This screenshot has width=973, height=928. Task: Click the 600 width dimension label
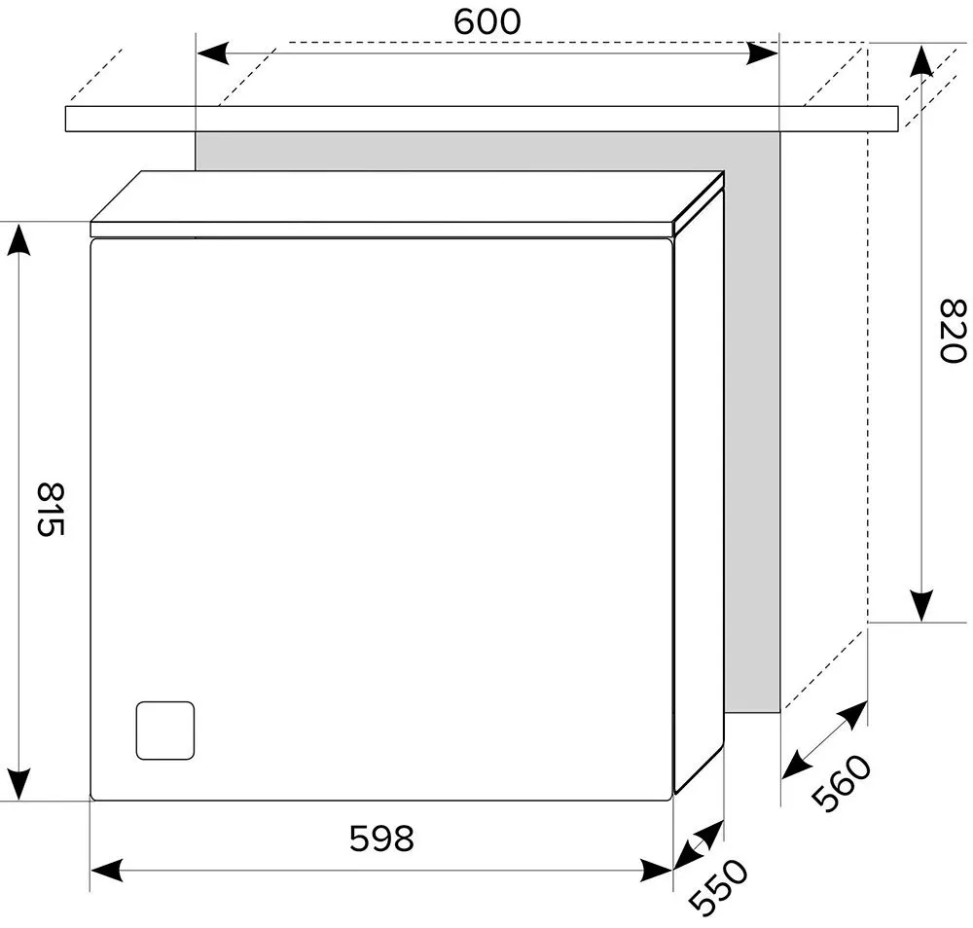pos(487,21)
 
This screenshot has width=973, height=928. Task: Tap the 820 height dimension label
pos(952,331)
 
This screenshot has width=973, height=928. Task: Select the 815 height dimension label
pos(51,510)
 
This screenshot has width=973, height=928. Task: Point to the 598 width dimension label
pos(381,839)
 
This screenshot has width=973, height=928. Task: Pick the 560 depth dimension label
pos(841,783)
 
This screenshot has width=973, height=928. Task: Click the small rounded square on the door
pos(165,731)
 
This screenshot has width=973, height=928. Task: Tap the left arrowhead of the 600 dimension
pos(212,54)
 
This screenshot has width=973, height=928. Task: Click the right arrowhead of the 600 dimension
pos(762,54)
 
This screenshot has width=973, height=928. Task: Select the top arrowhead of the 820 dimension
pos(922,60)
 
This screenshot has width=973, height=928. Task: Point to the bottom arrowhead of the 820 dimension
pos(922,605)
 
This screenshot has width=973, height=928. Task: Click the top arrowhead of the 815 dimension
pos(18,239)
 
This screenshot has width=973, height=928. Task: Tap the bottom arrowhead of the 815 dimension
pos(18,784)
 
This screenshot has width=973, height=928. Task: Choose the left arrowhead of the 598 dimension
pos(107,870)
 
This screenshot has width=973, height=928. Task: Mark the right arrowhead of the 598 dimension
pos(657,870)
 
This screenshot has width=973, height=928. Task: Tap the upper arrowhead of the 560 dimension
pos(852,715)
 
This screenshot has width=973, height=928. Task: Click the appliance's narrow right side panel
pos(700,490)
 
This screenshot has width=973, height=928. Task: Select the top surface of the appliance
pos(407,196)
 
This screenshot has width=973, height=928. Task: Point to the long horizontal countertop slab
pos(482,119)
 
